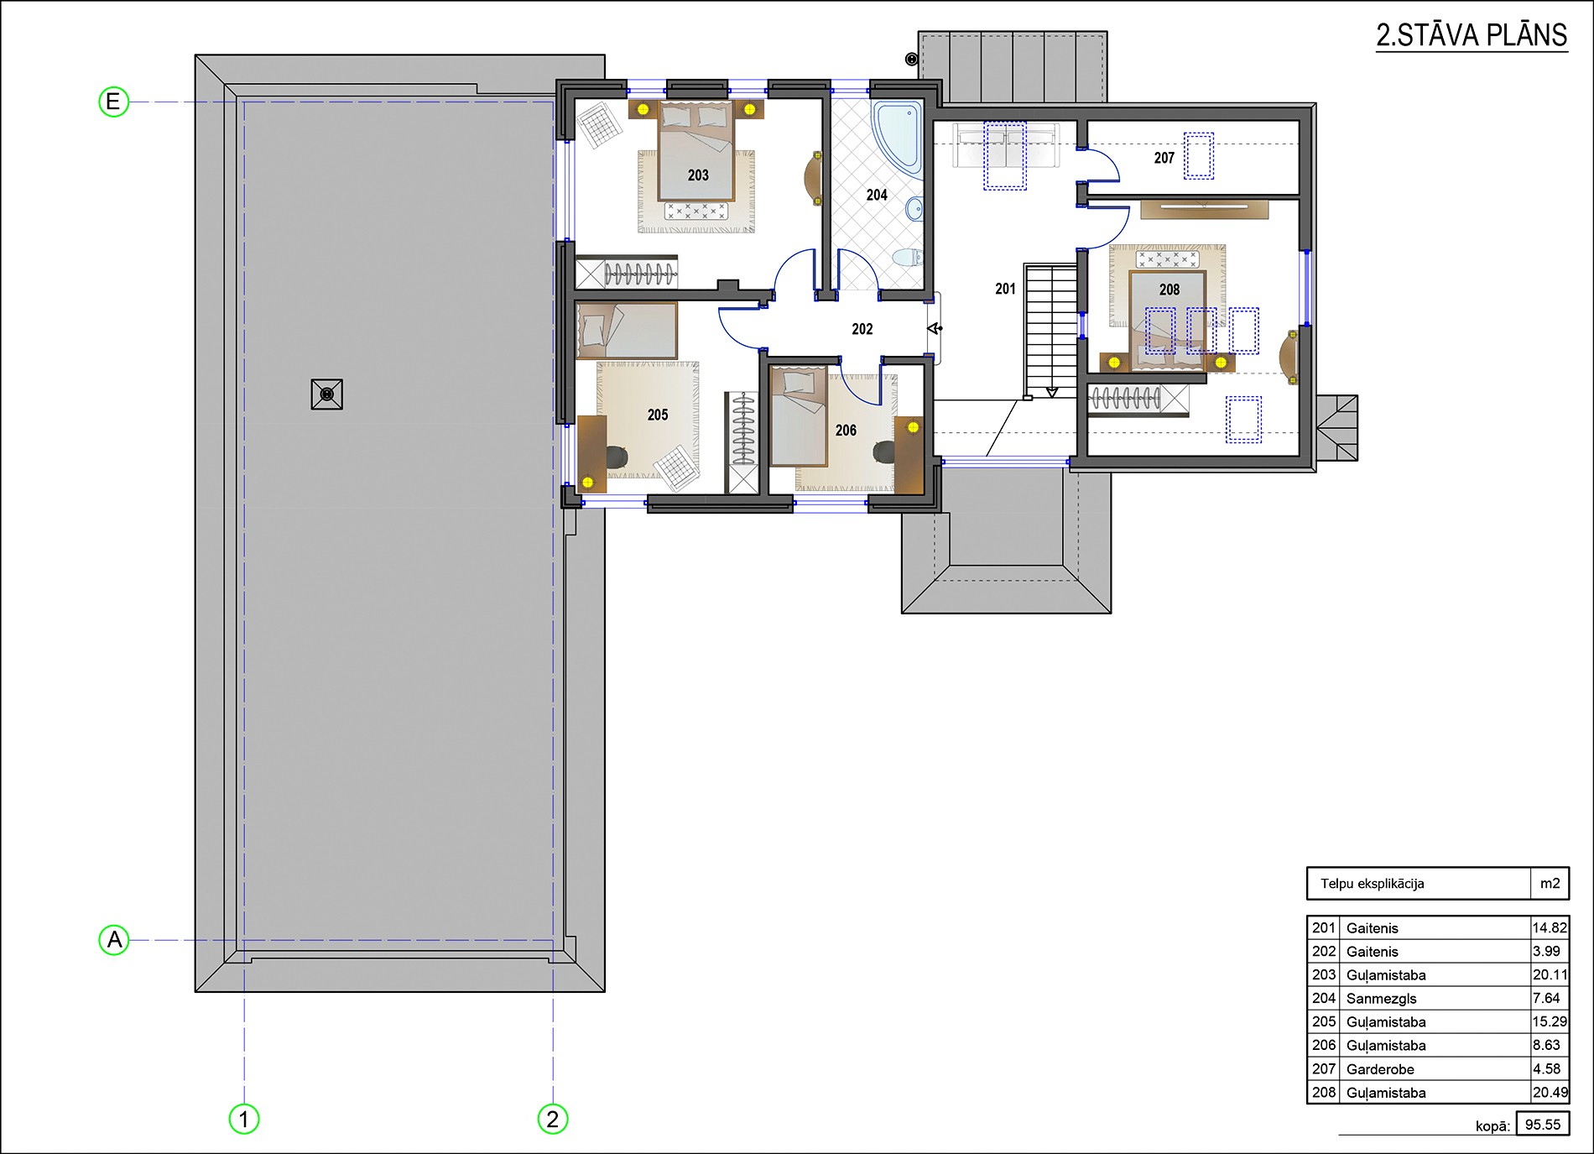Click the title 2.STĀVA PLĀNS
(1472, 35)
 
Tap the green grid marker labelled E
(113, 102)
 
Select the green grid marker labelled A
(114, 939)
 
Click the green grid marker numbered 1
(244, 1119)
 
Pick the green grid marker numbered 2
(553, 1119)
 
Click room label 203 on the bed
(698, 175)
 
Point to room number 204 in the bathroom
(877, 195)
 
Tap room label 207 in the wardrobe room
(1164, 158)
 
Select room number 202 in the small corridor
(862, 329)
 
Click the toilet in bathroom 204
(906, 257)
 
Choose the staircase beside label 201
(1050, 331)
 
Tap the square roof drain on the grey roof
(327, 394)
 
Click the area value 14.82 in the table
(1550, 927)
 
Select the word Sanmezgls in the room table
(1381, 998)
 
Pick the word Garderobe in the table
(1380, 1068)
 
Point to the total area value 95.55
(1543, 1125)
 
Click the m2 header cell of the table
(1550, 883)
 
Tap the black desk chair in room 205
(617, 456)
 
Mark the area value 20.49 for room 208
(1550, 1092)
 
